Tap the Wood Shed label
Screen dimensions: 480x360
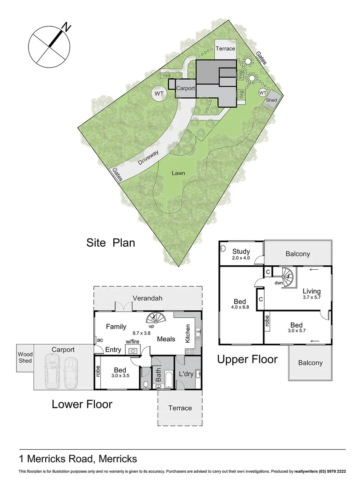coord(25,357)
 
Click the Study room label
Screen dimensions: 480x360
coord(241,252)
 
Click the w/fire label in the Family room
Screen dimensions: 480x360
coord(132,341)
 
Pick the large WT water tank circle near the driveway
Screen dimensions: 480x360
coord(159,94)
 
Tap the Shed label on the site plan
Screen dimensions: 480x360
coord(271,100)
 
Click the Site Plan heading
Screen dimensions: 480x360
coord(110,243)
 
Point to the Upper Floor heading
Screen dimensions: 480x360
coord(247,359)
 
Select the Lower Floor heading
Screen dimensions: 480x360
coord(82,404)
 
